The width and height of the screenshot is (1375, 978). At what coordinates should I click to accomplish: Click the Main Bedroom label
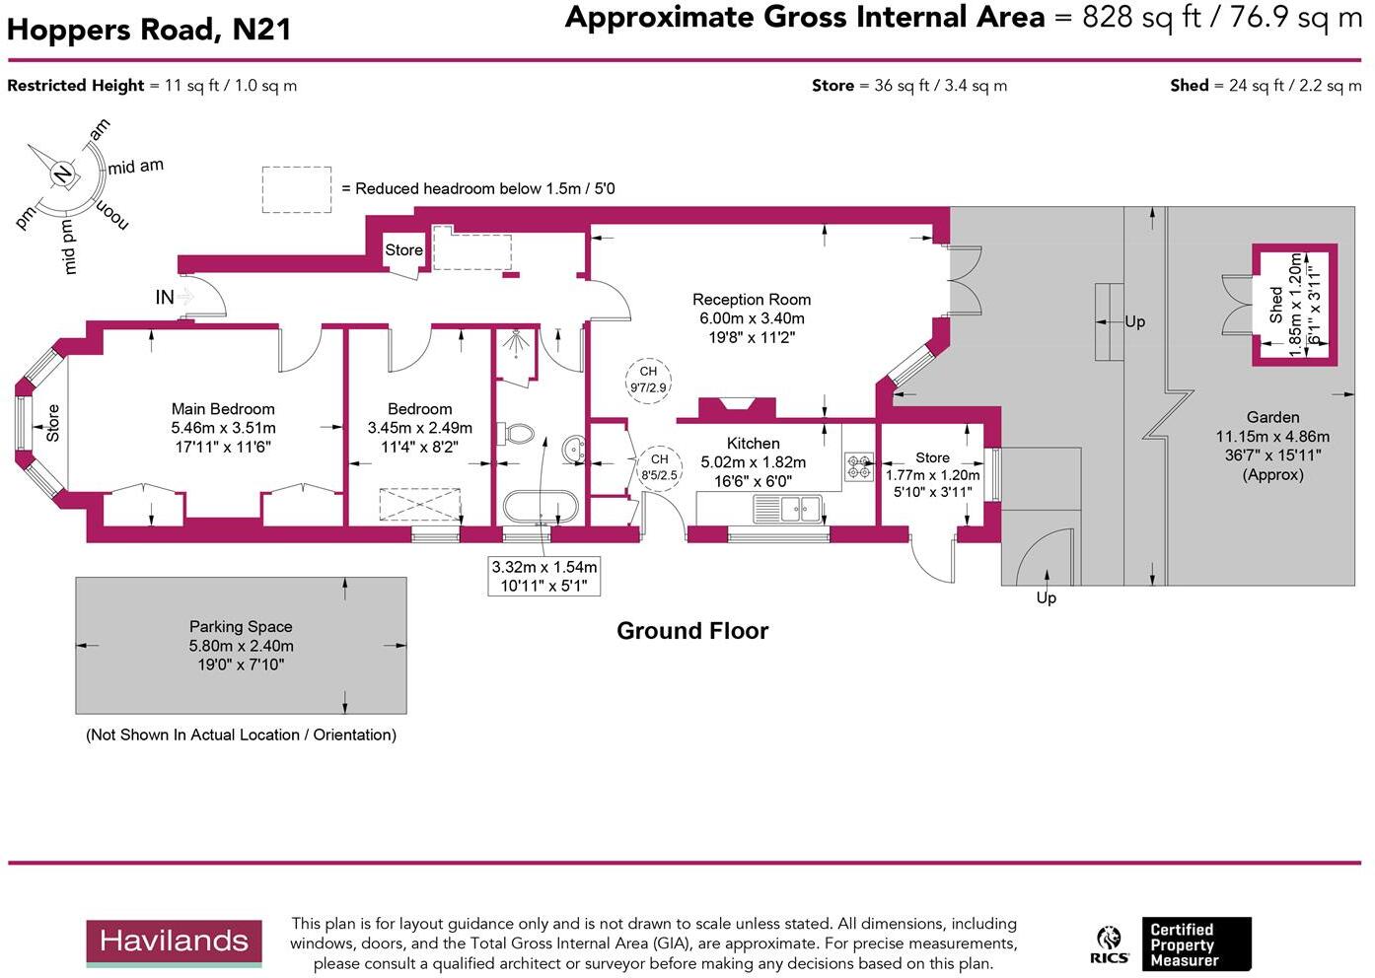pos(223,409)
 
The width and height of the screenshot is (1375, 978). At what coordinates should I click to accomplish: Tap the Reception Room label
pos(751,300)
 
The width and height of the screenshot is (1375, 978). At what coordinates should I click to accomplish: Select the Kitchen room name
pos(753,444)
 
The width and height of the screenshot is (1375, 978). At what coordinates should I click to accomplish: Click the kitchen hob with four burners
pos(858,466)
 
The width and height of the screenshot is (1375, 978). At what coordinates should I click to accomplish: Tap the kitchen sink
pos(788,509)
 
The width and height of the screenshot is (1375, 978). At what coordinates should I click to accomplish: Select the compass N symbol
pos(63,175)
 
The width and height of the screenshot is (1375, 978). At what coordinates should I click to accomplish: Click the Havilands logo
pos(174,942)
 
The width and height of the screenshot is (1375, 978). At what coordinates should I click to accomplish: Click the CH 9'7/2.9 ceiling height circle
pos(648,380)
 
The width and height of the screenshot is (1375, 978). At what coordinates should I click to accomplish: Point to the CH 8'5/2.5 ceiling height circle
pos(659,466)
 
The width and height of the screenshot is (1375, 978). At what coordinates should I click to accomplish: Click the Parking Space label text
pos(241,627)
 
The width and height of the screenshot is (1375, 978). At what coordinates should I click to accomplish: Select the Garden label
pos(1272,418)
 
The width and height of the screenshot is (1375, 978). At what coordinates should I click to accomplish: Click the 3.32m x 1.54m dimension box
pos(544,576)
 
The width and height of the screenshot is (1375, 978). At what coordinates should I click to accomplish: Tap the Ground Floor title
pos(692,631)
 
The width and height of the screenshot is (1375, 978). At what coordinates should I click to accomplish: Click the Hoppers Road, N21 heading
pos(149,30)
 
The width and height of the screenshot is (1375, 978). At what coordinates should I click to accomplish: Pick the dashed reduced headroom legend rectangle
pos(296,189)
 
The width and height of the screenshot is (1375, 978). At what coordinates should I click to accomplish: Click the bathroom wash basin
pos(574,451)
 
